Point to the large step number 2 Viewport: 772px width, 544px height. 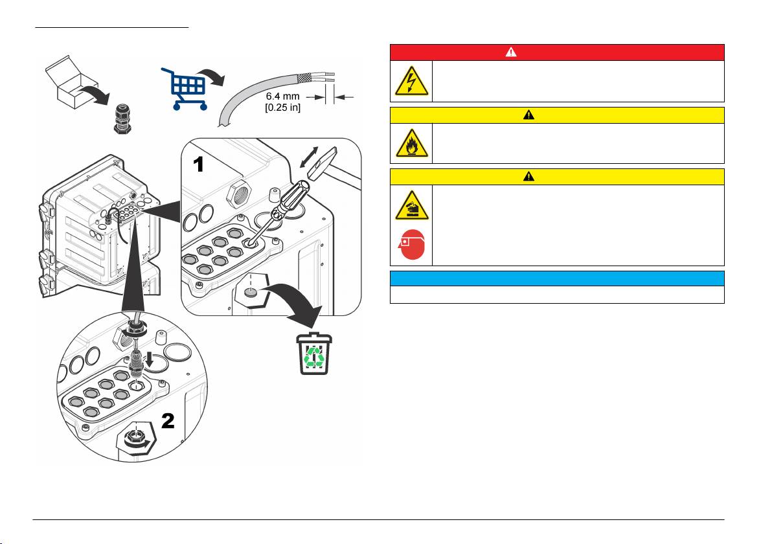tap(167, 421)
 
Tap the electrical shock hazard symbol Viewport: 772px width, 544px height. tap(411, 81)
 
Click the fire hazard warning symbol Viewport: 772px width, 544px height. tap(411, 143)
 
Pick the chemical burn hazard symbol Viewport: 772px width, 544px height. tap(411, 205)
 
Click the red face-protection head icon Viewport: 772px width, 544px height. tap(411, 245)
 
